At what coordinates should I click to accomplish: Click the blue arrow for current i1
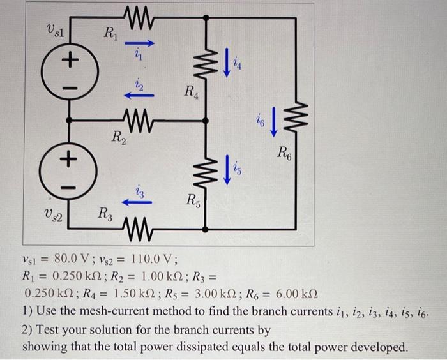(x=139, y=45)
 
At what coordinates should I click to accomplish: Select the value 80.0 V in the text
(x=75, y=259)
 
